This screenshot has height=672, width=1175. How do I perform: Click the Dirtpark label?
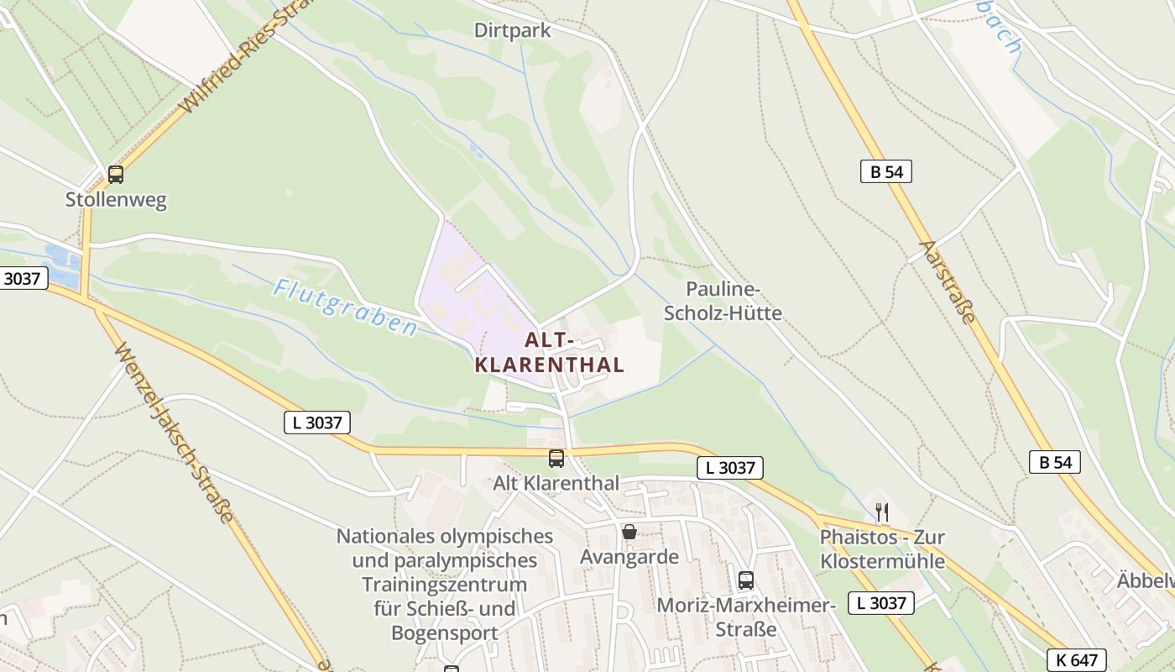(x=512, y=31)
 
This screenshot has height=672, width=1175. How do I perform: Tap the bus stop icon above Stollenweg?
(x=116, y=175)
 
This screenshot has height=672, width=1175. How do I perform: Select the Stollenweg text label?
(x=116, y=200)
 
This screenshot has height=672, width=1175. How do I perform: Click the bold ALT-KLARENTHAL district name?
(x=550, y=353)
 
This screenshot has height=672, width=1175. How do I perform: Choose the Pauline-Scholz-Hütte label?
(x=723, y=302)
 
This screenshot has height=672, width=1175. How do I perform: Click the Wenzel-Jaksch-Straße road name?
(x=173, y=432)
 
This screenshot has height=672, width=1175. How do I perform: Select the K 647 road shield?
(x=1076, y=659)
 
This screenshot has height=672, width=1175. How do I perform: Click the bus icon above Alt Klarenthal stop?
(x=556, y=458)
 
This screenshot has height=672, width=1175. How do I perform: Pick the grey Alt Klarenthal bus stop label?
(x=556, y=483)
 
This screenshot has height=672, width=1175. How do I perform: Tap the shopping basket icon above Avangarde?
(x=629, y=532)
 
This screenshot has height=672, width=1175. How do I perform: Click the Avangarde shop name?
(x=629, y=556)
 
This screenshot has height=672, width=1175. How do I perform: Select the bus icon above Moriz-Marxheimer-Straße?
(x=745, y=580)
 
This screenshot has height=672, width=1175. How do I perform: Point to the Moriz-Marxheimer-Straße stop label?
(x=746, y=617)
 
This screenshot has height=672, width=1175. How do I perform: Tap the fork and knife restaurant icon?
(x=881, y=512)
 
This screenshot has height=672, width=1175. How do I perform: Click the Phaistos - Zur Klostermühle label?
(x=882, y=549)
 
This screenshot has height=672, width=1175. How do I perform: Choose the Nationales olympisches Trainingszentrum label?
(x=445, y=584)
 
